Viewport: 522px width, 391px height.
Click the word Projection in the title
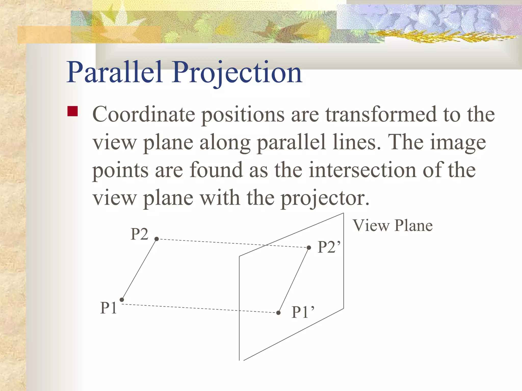237,73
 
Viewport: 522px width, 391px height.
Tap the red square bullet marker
73,111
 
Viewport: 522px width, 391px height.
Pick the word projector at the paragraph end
325,198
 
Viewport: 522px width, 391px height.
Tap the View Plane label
393,226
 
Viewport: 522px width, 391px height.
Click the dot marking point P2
157,239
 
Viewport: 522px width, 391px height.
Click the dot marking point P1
122,300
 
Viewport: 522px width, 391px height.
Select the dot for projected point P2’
309,247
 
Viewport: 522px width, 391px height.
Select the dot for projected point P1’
278,313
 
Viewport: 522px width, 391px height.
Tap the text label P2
139,234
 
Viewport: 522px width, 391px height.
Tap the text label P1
109,308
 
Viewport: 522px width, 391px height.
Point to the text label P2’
329,247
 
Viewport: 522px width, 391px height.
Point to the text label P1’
303,312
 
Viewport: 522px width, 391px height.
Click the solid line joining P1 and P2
139,269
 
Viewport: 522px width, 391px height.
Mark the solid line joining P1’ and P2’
294,280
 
